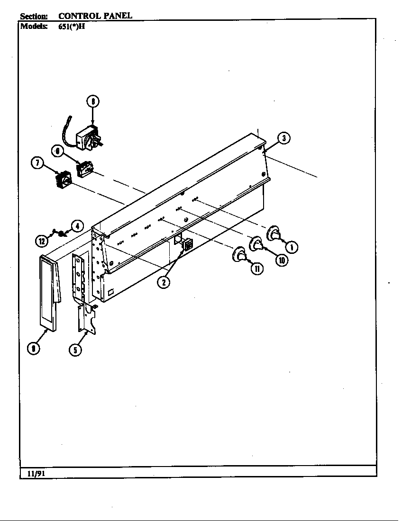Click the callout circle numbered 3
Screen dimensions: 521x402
tap(283, 138)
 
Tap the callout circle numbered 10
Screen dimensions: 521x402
tap(281, 260)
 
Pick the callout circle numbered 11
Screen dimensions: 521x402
tap(256, 269)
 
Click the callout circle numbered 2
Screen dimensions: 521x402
tap(163, 282)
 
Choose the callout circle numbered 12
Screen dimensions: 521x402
tap(42, 241)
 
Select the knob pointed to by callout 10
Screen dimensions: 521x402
tap(256, 244)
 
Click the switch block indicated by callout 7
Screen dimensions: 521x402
tap(63, 181)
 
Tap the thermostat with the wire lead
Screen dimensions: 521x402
tap(90, 138)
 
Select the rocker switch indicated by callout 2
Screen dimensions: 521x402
tap(187, 244)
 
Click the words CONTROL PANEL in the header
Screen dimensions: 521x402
tap(95, 16)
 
